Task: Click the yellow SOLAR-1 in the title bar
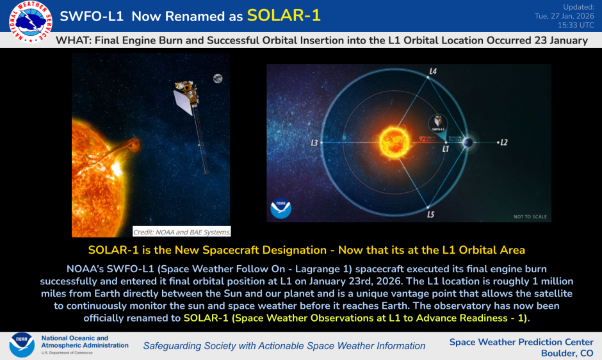(284, 16)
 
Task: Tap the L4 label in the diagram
(434, 72)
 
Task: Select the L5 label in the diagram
(431, 214)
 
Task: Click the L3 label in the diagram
(314, 142)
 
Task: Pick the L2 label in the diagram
(503, 142)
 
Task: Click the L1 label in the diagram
(446, 148)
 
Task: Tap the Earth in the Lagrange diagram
(468, 142)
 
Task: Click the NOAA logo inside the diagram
(281, 209)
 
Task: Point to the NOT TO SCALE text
(530, 217)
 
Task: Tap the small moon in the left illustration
(218, 79)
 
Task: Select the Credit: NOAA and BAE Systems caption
(182, 231)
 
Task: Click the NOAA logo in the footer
(22, 345)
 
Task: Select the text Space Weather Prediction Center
(521, 342)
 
